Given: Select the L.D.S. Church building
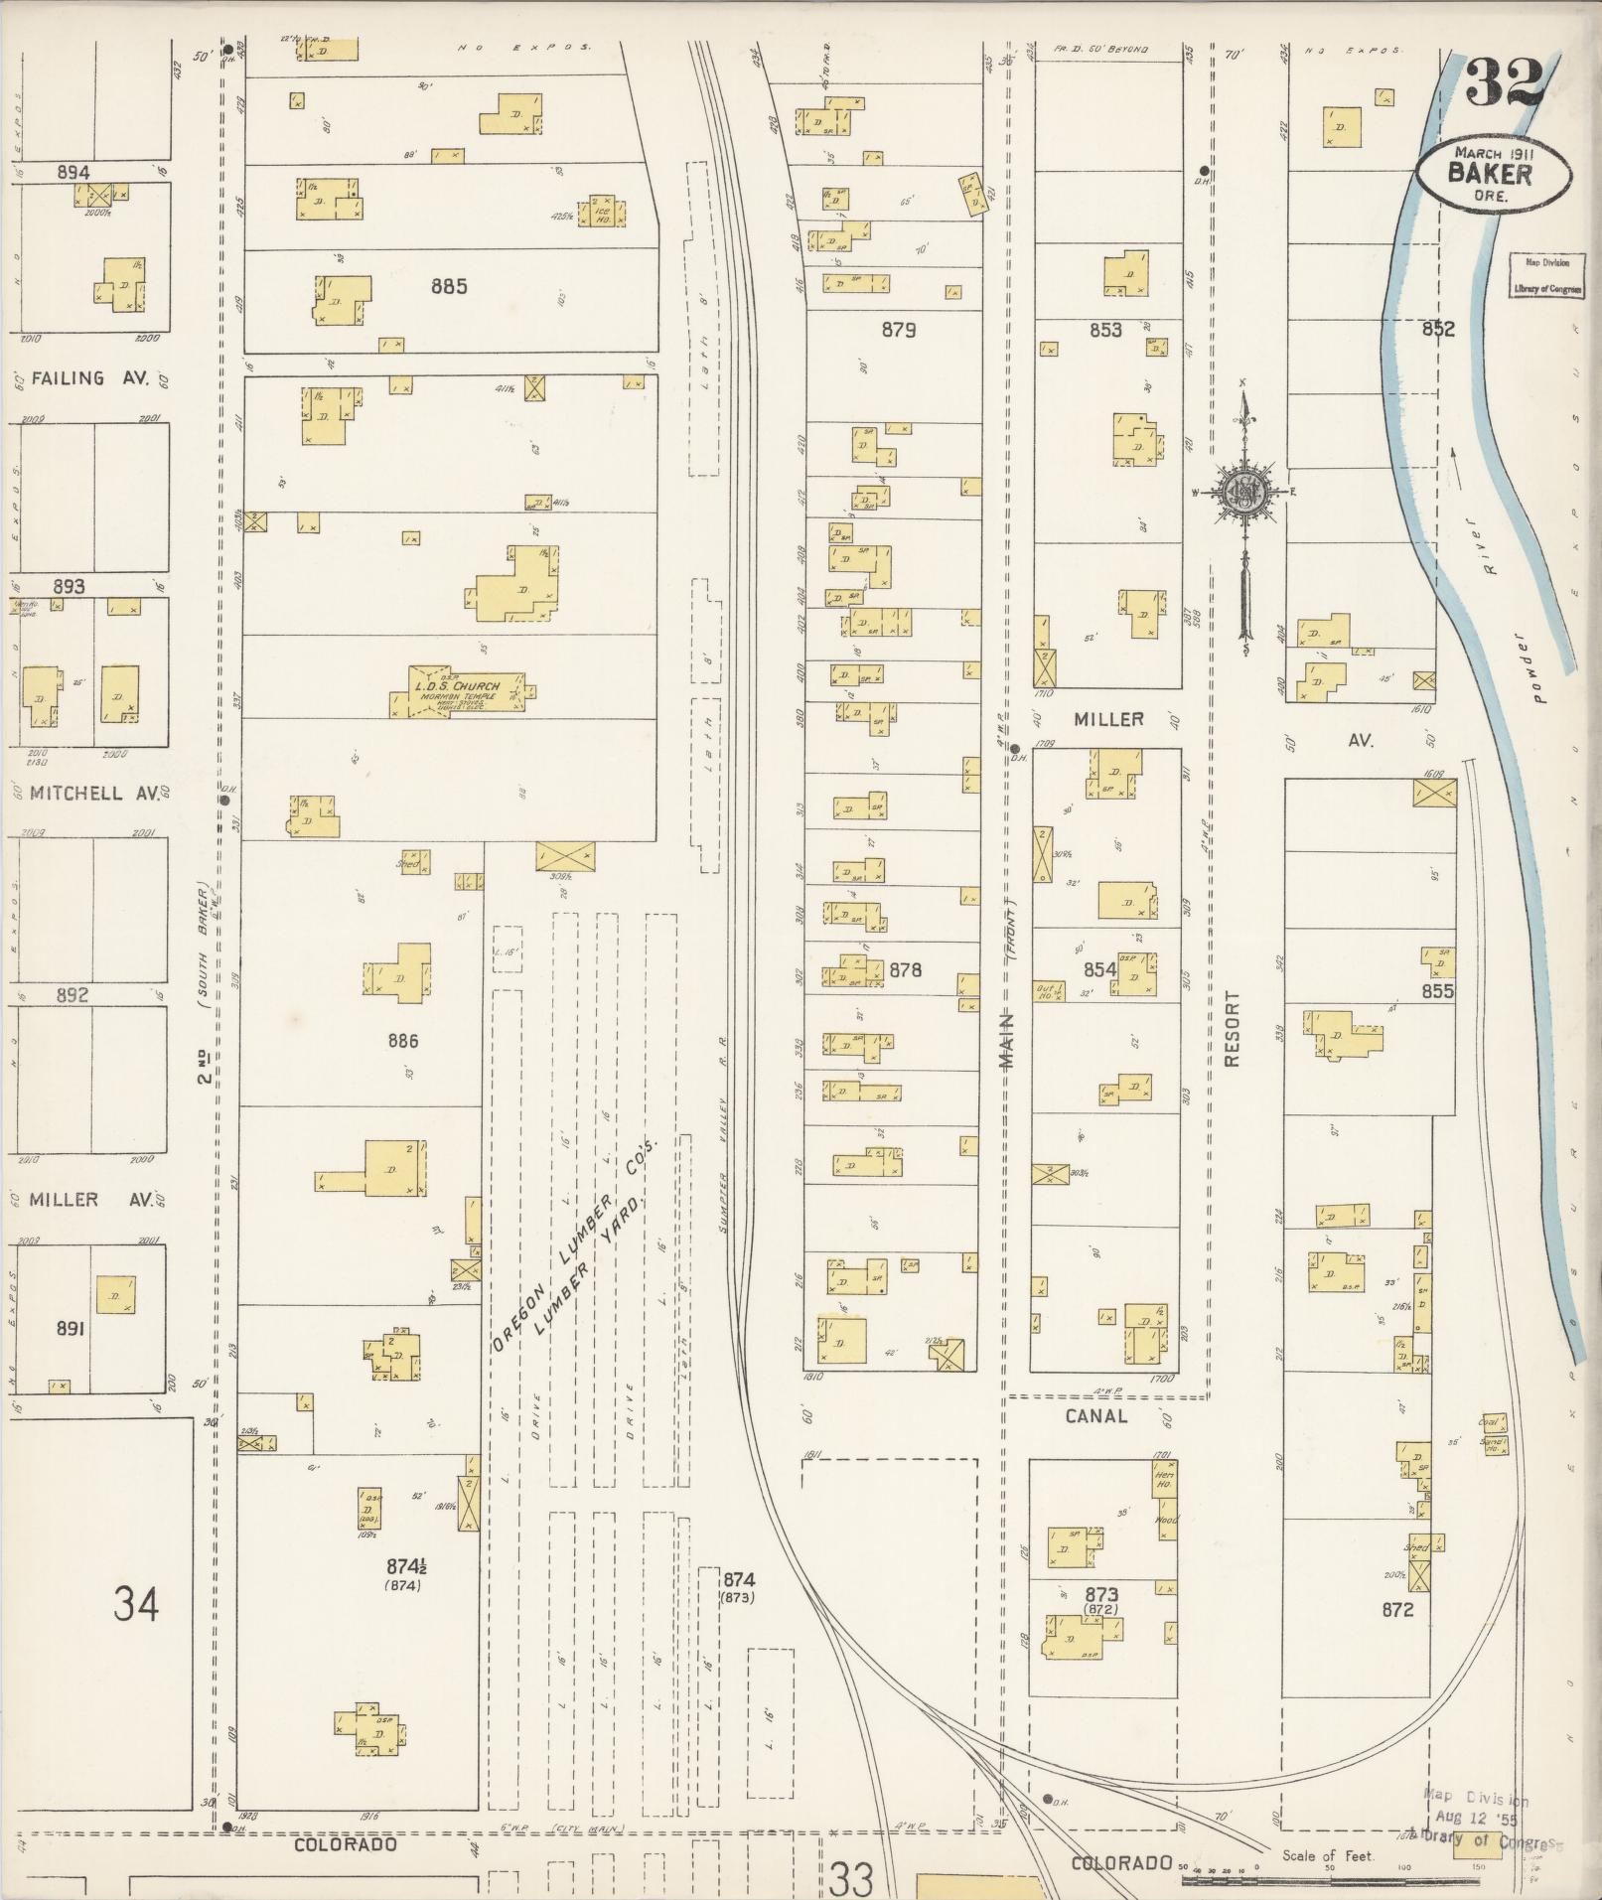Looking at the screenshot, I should (459, 691).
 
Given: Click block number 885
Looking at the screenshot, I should (449, 287).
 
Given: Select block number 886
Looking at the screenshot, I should (403, 1041).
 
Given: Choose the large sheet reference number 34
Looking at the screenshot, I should (136, 1603).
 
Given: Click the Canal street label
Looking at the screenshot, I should (1095, 1416).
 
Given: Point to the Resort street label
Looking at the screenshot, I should (1233, 1028).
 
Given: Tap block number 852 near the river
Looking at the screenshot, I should (1437, 330).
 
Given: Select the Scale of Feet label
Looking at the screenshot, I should (1327, 1855).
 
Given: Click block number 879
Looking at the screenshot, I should (898, 330).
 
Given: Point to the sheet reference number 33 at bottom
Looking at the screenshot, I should (851, 1879).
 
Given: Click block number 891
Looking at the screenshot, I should (70, 1328).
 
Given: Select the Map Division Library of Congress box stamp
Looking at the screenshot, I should (1545, 276).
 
